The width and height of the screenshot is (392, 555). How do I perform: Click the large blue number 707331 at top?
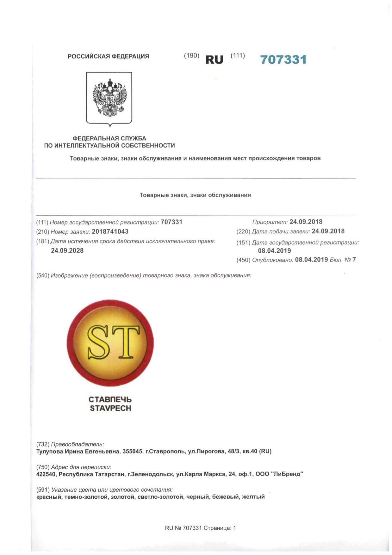coord(283,60)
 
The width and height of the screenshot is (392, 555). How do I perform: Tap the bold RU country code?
coord(214,60)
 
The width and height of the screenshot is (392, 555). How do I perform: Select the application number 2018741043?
coord(110,231)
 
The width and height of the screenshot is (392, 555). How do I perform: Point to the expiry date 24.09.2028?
coord(67,250)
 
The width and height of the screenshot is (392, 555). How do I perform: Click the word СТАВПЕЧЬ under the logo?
coord(110,400)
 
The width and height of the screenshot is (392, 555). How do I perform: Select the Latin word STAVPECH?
coord(110,408)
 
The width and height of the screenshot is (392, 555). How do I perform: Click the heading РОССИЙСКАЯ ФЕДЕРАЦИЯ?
coord(108,56)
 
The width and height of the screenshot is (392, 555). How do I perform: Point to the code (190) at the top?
coord(191,56)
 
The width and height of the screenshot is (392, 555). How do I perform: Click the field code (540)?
coord(43,275)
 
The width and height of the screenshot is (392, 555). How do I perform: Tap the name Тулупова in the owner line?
coord(50,451)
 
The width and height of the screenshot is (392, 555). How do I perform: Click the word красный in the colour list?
coord(49,497)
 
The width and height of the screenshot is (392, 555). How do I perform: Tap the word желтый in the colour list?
coord(253,497)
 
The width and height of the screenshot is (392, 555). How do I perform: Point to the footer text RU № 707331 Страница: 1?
coord(200,528)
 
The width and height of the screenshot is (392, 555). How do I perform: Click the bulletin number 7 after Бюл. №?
coord(354,260)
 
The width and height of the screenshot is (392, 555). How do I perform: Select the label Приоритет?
coord(270,222)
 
